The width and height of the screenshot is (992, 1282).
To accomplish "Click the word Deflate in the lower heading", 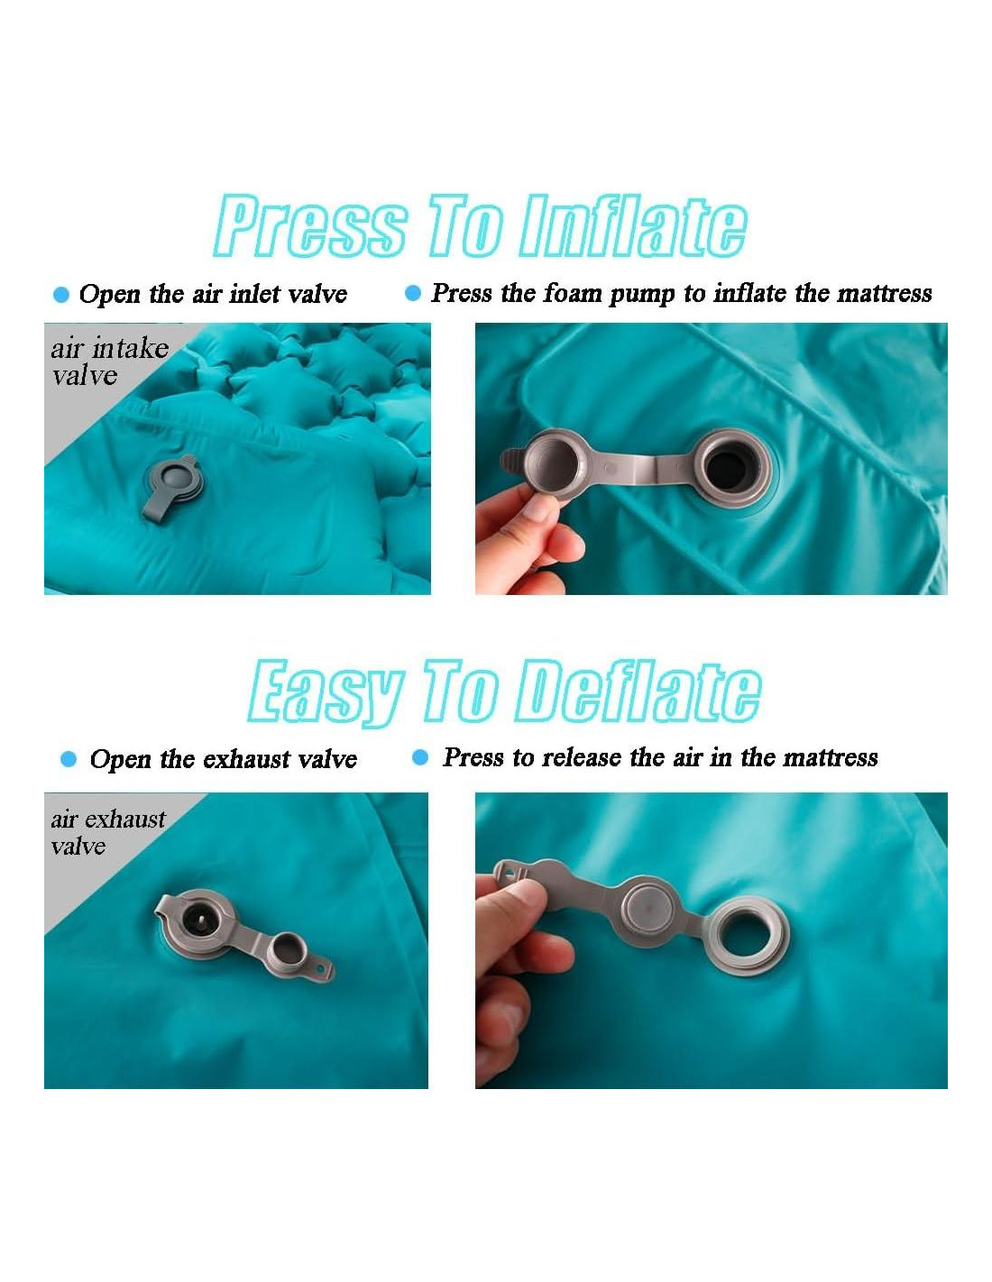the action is (x=640, y=691).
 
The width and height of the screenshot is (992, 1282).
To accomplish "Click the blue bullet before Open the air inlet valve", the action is (x=61, y=294).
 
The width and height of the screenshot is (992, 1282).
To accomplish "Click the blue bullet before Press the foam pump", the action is (x=413, y=293).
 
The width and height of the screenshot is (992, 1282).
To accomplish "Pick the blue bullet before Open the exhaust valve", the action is (x=69, y=759).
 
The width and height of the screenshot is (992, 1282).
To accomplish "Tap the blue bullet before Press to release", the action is (x=419, y=757).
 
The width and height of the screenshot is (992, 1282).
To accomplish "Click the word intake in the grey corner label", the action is (x=131, y=348).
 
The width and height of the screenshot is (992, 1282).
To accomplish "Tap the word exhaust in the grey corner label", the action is (x=127, y=819).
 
